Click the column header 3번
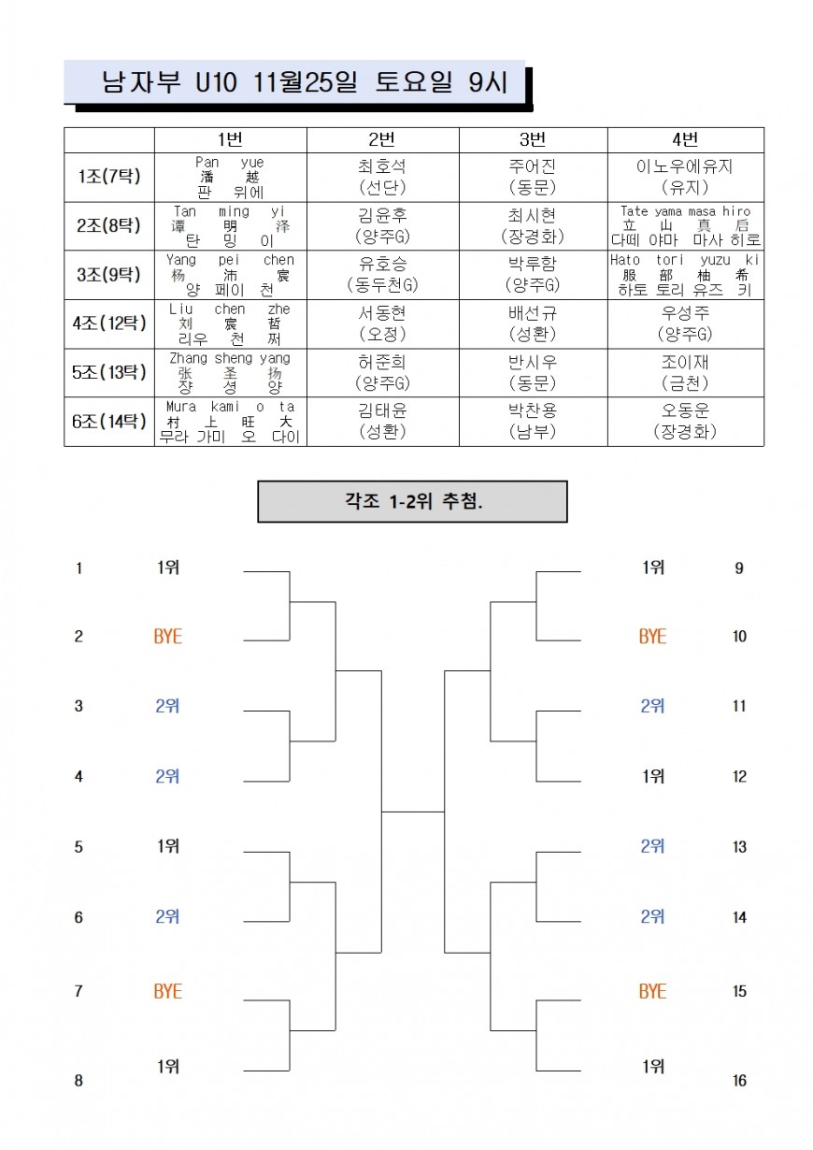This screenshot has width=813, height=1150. pyautogui.click(x=533, y=140)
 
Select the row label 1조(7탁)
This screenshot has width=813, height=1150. pyautogui.click(x=108, y=177)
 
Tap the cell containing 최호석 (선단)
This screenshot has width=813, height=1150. pyautogui.click(x=382, y=177)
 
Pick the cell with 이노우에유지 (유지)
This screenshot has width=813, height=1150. pyautogui.click(x=685, y=177)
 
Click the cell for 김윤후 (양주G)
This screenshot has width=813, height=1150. pyautogui.click(x=382, y=225)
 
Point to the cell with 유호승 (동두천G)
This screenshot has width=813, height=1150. pyautogui.click(x=382, y=274)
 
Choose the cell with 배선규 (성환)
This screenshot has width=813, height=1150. pyautogui.click(x=533, y=323)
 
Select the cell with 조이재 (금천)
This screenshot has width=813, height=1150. pyautogui.click(x=685, y=372)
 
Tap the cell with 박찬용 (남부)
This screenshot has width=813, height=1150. pyautogui.click(x=533, y=421)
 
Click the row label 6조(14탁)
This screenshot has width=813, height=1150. pyautogui.click(x=108, y=421)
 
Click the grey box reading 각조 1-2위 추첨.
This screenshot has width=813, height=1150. pyautogui.click(x=412, y=501)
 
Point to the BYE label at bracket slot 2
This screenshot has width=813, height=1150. pyautogui.click(x=168, y=637)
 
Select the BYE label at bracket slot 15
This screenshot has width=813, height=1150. pyautogui.click(x=653, y=991)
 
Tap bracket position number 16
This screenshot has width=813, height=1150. pyautogui.click(x=739, y=1081)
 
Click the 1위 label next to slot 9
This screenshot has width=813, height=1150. pyautogui.click(x=653, y=568)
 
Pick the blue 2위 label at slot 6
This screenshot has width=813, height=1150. pyautogui.click(x=168, y=917)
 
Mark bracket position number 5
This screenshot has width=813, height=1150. pyautogui.click(x=79, y=847)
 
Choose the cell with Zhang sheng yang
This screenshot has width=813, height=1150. pyautogui.click(x=230, y=372)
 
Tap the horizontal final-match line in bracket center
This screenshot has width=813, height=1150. pyautogui.click(x=413, y=812)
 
